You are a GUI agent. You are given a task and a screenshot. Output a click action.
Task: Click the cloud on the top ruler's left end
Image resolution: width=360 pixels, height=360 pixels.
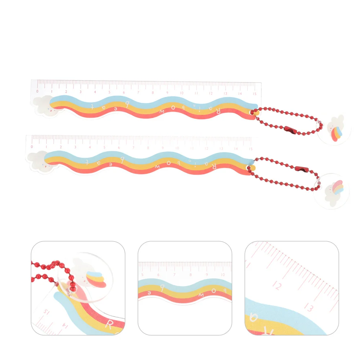(x=43, y=105)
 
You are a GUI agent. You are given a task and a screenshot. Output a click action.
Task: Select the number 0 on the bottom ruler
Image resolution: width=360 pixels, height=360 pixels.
(x=32, y=147)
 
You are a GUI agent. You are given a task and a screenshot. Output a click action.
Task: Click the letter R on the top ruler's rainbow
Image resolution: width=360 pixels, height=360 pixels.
(x=219, y=112)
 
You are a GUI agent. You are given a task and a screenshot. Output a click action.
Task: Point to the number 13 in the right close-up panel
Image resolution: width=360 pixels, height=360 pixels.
(x=308, y=307)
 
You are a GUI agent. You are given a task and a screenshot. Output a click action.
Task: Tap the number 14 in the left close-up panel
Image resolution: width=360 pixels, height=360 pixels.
(x=65, y=325)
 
